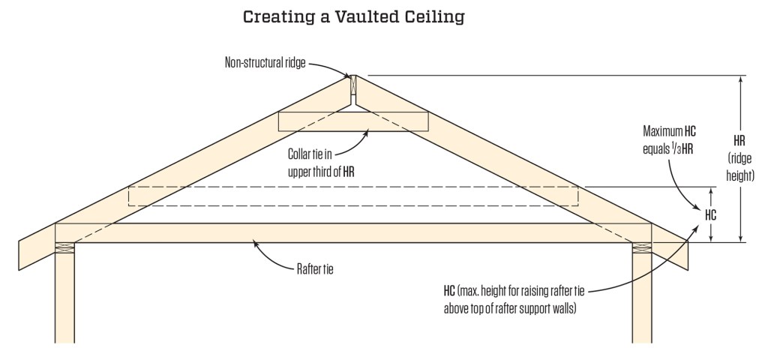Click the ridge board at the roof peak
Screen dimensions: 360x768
pyautogui.click(x=352, y=91)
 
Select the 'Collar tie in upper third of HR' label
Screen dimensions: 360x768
pyautogui.click(x=321, y=162)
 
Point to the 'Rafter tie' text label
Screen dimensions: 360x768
pyautogui.click(x=310, y=266)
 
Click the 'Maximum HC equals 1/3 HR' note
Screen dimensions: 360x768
pyautogui.click(x=664, y=139)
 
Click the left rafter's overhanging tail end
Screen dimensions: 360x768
pyautogui.click(x=30, y=244)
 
